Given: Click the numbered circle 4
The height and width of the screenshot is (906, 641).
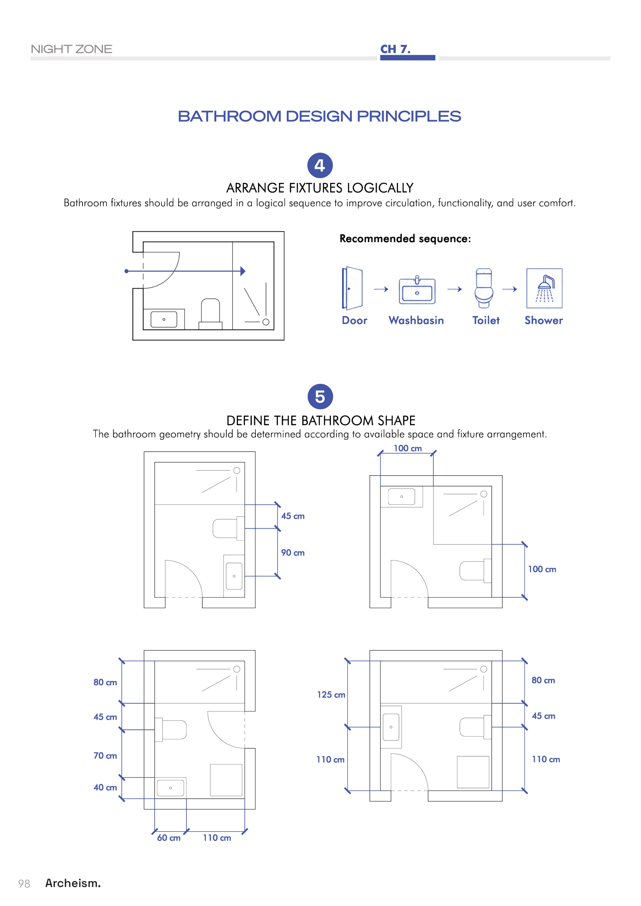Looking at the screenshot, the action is [x=320, y=165].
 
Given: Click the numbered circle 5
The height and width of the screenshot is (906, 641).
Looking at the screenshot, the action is [x=320, y=397].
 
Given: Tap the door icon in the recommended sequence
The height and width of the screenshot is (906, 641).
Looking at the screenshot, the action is [x=352, y=289].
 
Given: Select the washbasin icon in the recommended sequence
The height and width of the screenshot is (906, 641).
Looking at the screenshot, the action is [x=417, y=290].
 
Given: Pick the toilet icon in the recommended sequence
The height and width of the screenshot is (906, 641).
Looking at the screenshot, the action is [x=484, y=288].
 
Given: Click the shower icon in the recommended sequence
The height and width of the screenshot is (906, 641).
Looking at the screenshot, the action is [x=544, y=288].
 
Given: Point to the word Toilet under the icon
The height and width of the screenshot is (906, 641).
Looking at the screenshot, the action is [x=486, y=320].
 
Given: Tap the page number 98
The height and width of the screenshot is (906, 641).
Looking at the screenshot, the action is [x=24, y=884].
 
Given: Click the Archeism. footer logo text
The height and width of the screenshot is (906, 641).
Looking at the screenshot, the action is [x=73, y=883].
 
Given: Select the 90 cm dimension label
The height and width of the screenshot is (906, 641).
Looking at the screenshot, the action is [x=293, y=553].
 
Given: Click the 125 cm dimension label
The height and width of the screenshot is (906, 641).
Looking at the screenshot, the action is [x=331, y=695].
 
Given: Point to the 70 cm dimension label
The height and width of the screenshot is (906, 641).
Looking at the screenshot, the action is [x=105, y=756].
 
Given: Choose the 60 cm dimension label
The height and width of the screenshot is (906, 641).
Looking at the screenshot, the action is [x=169, y=838].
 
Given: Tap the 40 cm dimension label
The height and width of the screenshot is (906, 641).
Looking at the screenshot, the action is [x=105, y=787].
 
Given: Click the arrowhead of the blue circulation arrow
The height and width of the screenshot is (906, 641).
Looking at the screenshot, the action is [x=243, y=271].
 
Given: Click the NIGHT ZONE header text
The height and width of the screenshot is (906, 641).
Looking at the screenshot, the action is [x=71, y=49].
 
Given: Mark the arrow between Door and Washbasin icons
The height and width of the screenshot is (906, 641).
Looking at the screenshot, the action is [x=381, y=289].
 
